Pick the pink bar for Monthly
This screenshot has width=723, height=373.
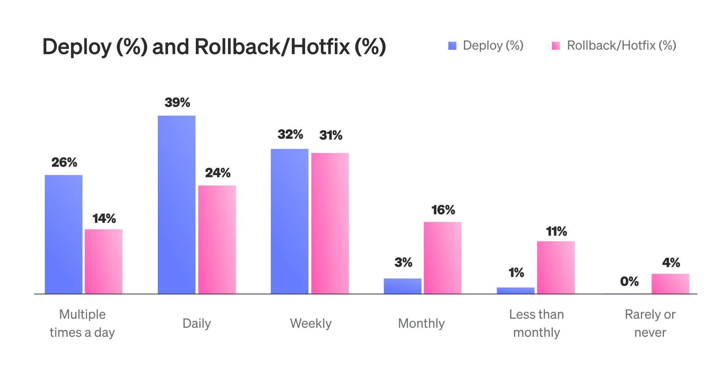click(x=442, y=258)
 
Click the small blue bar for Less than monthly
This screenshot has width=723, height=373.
click(x=515, y=290)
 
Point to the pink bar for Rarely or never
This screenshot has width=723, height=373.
click(x=670, y=284)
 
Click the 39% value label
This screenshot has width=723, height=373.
click(x=177, y=102)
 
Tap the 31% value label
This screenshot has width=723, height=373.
click(x=331, y=135)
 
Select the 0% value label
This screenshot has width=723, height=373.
click(x=629, y=281)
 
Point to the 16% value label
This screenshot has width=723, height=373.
click(x=443, y=210)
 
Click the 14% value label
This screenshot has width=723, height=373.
click(x=104, y=219)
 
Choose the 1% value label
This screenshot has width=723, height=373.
click(x=516, y=273)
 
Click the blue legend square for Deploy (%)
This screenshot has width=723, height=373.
click(x=452, y=46)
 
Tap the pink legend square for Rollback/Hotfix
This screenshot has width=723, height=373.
click(x=556, y=46)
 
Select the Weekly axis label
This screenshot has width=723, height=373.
click(x=311, y=323)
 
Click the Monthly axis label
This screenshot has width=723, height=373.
click(x=421, y=323)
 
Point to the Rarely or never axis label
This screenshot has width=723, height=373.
click(x=650, y=323)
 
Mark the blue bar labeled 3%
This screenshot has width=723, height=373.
click(x=402, y=286)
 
